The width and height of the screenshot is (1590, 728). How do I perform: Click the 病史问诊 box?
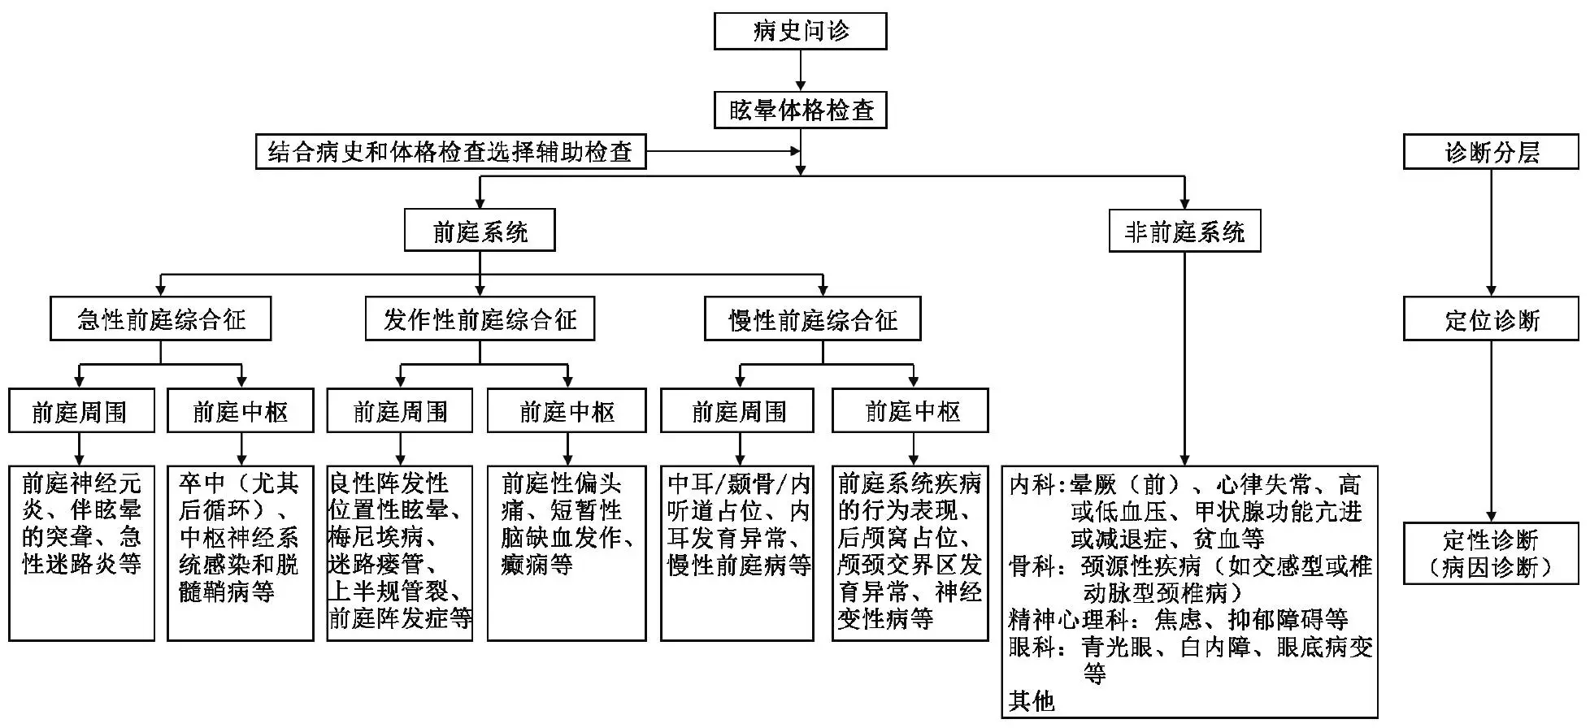(800, 31)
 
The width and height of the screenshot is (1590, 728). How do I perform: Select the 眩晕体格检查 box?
(800, 110)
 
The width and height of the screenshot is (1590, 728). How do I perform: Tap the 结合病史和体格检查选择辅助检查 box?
(450, 152)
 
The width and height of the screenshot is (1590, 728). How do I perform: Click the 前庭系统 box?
(480, 232)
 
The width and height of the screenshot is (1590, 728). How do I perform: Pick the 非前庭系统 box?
(1184, 232)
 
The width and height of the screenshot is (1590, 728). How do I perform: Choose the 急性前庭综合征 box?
(161, 319)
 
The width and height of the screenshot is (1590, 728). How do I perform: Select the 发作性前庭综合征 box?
(480, 319)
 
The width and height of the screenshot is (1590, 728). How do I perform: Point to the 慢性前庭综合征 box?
(813, 319)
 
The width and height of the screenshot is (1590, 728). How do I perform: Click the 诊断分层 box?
(1491, 153)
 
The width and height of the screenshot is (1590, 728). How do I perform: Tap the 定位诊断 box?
(1491, 319)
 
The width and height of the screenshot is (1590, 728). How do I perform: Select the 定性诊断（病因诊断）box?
(1491, 553)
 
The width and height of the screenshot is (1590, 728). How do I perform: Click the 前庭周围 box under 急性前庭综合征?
(80, 412)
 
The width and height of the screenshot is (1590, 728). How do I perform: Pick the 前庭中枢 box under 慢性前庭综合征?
(911, 412)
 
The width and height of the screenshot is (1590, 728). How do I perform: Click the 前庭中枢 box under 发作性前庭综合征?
(567, 412)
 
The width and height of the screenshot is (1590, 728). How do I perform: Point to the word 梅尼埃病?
(376, 538)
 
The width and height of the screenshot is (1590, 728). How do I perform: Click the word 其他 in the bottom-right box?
(1032, 700)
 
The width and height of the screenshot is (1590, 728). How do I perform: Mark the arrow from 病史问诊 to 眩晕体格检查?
(801, 71)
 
